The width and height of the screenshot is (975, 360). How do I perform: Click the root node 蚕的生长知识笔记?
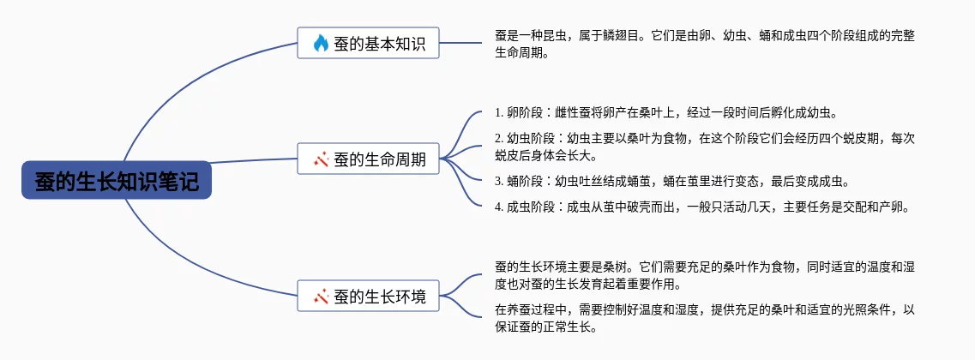[116, 181]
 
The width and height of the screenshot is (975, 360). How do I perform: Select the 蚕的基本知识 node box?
[368, 43]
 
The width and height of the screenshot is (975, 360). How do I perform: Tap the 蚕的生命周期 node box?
[368, 159]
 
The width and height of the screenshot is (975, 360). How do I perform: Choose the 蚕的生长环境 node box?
[368, 297]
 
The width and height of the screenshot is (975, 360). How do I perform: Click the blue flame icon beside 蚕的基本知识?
[321, 43]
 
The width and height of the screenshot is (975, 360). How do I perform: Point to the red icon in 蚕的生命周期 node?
[321, 159]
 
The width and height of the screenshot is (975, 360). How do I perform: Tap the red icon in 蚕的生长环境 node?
[321, 297]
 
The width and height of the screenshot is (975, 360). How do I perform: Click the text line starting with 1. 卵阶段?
[665, 112]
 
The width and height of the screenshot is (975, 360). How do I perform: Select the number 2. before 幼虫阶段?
[500, 137]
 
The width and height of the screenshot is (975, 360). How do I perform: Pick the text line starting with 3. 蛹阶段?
[672, 181]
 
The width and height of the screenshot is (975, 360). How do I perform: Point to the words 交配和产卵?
[884, 207]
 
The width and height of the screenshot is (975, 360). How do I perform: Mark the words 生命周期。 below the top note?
[521, 53]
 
